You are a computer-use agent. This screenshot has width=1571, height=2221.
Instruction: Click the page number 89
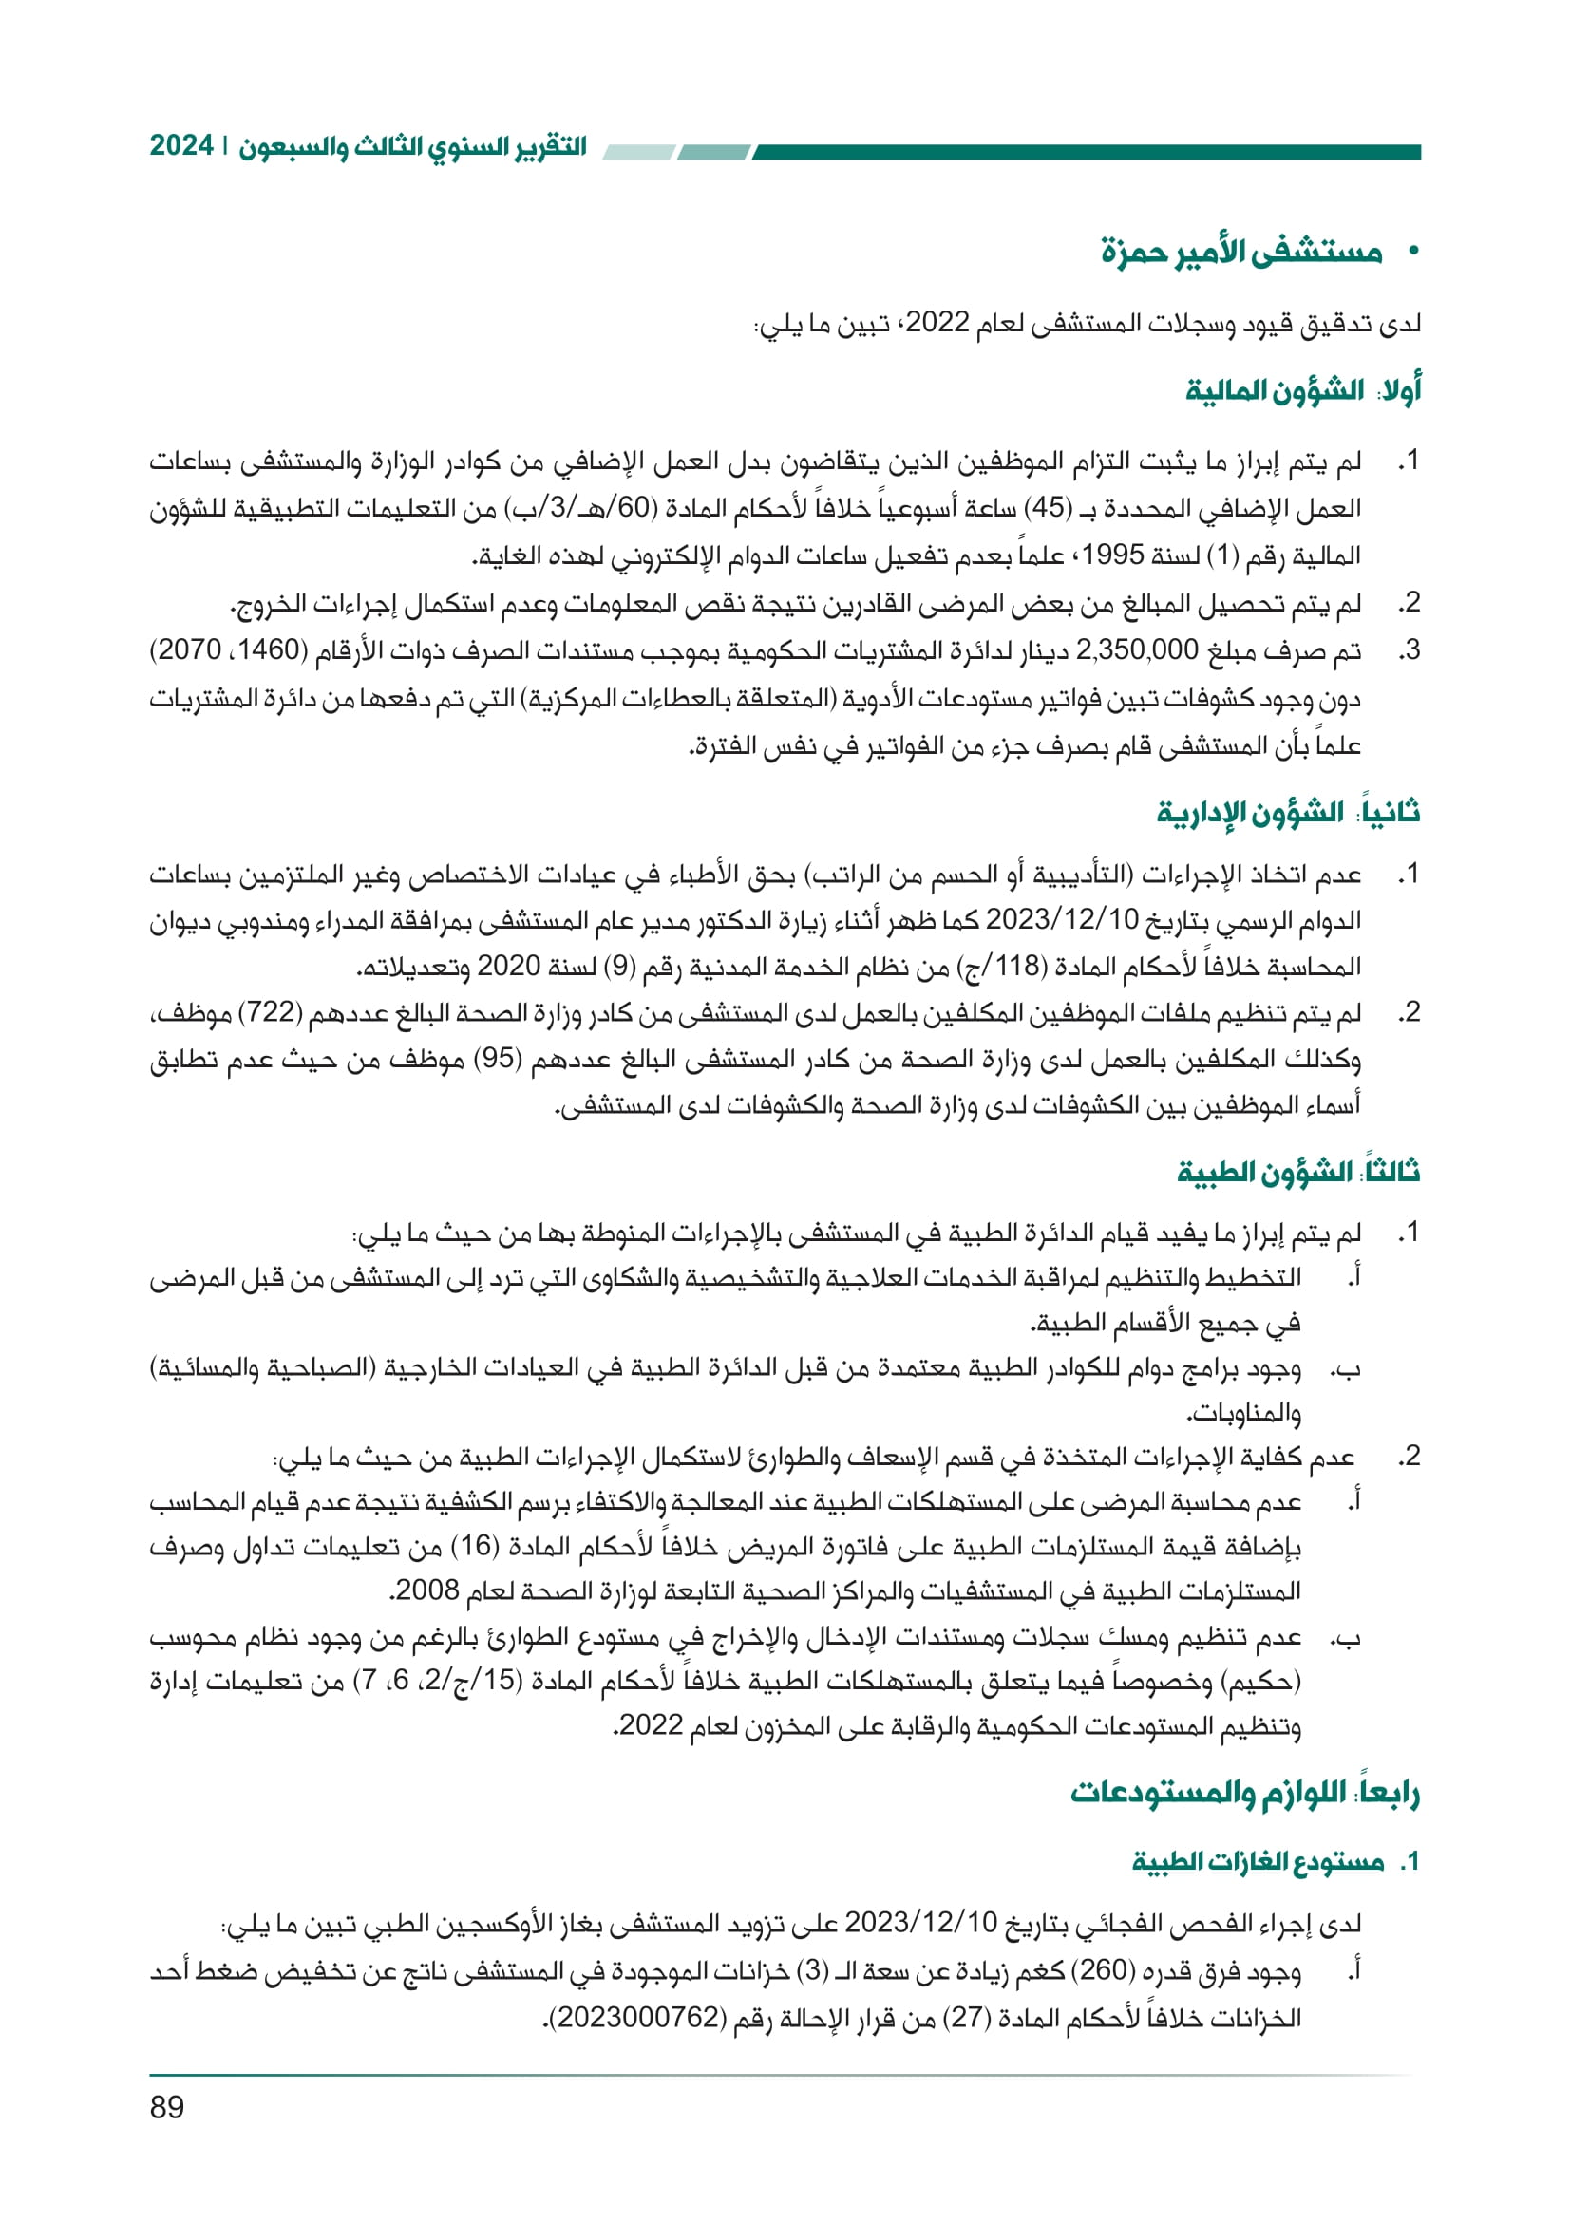[x=166, y=2107]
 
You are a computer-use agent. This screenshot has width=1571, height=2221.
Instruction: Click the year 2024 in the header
[x=180, y=146]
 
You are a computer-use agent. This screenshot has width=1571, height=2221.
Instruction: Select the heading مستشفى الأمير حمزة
[x=1241, y=253]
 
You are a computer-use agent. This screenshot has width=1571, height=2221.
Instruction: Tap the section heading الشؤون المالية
[x=1275, y=391]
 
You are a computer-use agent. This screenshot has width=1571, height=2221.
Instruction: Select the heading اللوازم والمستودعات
[x=1208, y=1793]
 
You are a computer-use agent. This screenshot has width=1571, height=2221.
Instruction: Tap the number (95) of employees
[x=501, y=1060]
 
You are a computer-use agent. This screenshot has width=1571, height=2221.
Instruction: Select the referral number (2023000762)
[x=641, y=2018]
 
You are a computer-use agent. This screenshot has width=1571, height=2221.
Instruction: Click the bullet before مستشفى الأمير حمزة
[x=1413, y=253]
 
